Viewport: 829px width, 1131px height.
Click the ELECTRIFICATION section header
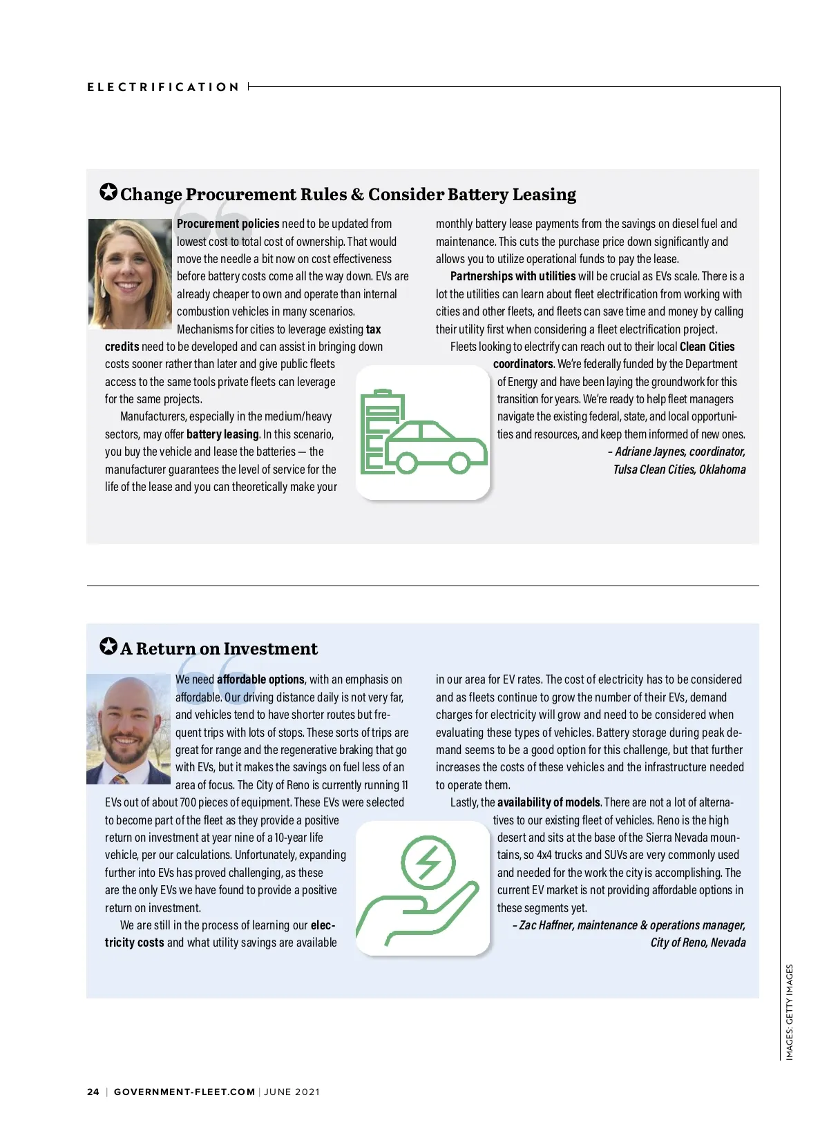click(163, 87)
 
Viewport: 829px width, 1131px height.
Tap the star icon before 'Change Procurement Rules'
click(108, 193)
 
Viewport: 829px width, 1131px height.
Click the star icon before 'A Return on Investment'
click(108, 647)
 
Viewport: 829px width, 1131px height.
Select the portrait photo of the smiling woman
click(130, 273)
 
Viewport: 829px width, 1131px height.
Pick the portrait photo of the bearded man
click(128, 729)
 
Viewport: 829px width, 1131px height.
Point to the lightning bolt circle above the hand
click(428, 862)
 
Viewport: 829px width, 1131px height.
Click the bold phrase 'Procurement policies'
click(228, 224)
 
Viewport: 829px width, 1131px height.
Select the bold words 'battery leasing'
click(222, 434)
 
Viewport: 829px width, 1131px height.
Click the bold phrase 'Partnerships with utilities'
click(513, 276)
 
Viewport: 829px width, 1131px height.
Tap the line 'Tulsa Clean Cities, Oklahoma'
click(679, 470)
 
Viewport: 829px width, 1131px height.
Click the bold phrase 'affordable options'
click(260, 679)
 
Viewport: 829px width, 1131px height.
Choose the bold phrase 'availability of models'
click(549, 802)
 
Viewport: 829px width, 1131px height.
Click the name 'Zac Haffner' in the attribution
click(546, 925)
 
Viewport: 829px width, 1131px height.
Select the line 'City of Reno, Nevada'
click(698, 942)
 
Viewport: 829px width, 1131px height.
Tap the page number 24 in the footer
click(93, 1092)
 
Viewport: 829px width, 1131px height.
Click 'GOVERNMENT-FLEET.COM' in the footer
click(184, 1092)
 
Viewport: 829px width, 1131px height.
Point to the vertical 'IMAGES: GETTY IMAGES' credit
click(790, 1012)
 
